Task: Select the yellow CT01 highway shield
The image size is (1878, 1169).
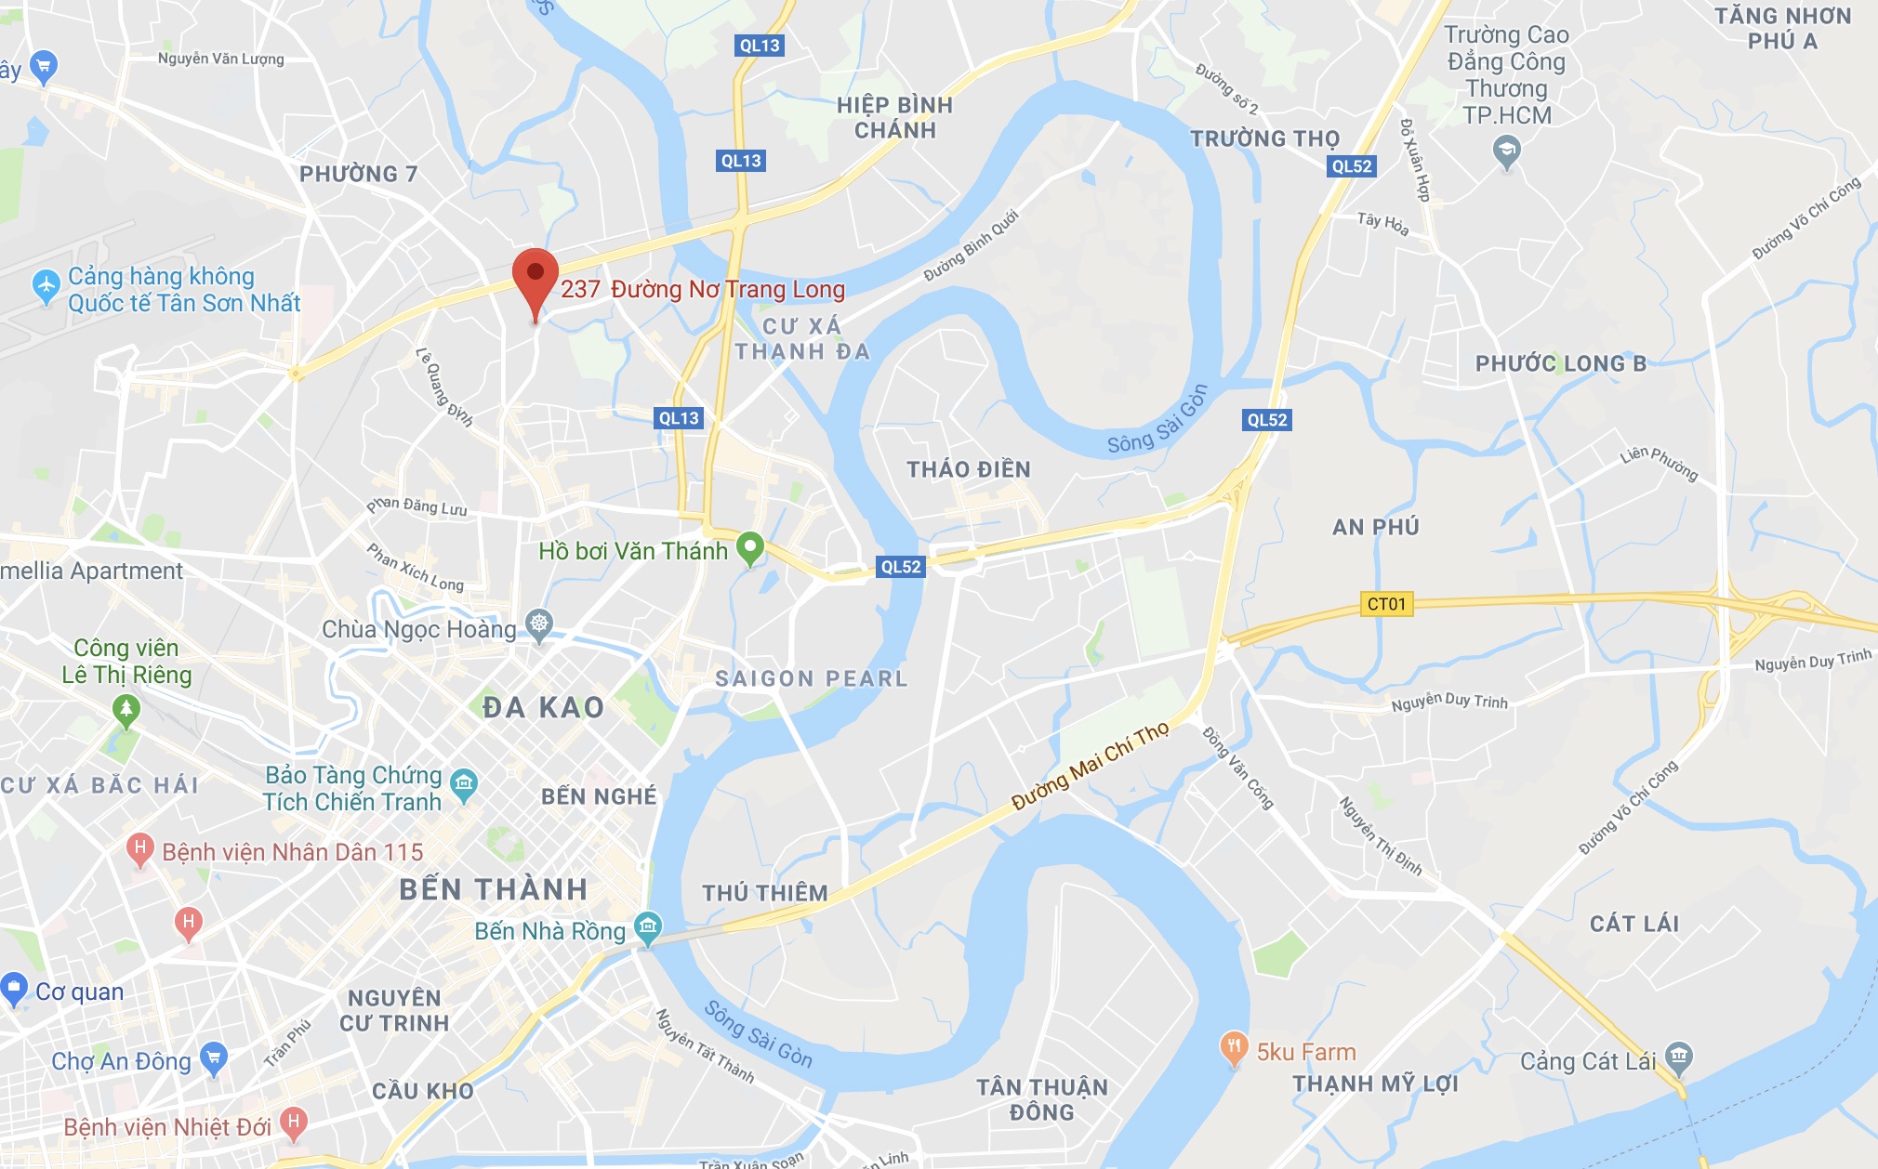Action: tap(1386, 604)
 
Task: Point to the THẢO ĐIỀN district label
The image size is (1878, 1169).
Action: tap(969, 469)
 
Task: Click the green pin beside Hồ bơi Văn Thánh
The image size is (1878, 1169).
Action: tap(749, 547)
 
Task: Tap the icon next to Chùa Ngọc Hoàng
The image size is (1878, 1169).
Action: tap(539, 623)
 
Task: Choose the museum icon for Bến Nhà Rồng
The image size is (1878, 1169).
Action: tap(648, 926)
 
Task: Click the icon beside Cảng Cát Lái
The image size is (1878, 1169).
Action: tap(1679, 1056)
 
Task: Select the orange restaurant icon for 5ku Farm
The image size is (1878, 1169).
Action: tap(1234, 1048)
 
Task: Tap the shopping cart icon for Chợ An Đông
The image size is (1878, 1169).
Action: tap(214, 1057)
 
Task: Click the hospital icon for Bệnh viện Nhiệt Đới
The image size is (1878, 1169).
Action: tap(294, 1122)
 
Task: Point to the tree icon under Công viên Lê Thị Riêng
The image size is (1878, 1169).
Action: tap(126, 710)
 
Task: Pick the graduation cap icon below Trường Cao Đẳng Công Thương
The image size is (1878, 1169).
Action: tap(1506, 150)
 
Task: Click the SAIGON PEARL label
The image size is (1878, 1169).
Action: tap(811, 679)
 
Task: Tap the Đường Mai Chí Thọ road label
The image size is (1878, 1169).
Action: tap(1090, 766)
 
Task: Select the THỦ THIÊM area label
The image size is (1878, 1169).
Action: tap(764, 893)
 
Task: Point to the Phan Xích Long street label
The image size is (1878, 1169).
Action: tap(415, 567)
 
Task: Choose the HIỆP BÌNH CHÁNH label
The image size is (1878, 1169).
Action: tap(894, 117)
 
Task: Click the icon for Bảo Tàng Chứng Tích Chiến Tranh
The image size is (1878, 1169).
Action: tap(463, 784)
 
